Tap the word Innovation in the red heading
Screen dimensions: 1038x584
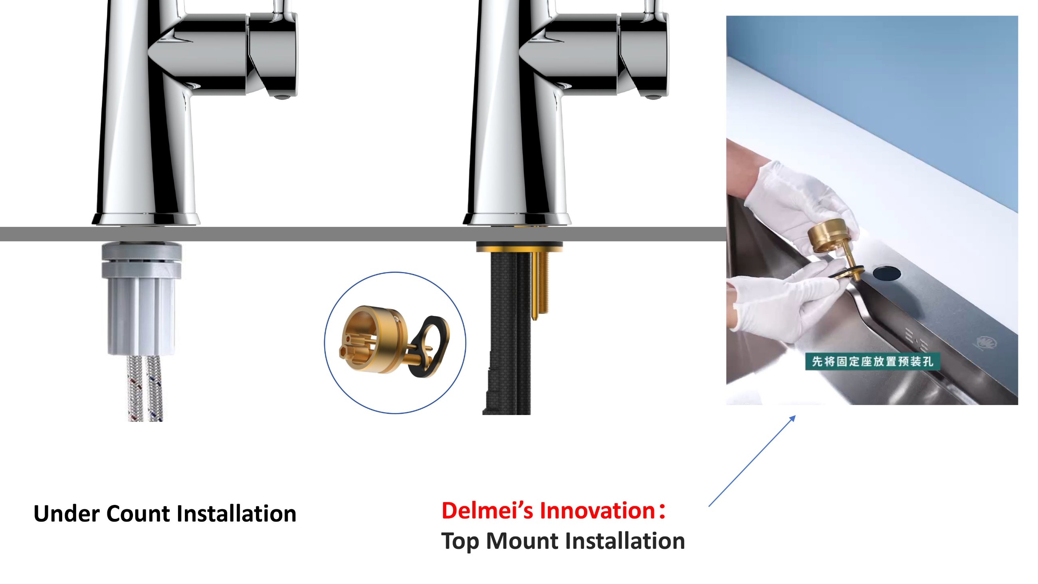click(x=598, y=510)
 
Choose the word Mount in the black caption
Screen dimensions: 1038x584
click(x=521, y=540)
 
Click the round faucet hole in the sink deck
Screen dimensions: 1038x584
click(x=887, y=273)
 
